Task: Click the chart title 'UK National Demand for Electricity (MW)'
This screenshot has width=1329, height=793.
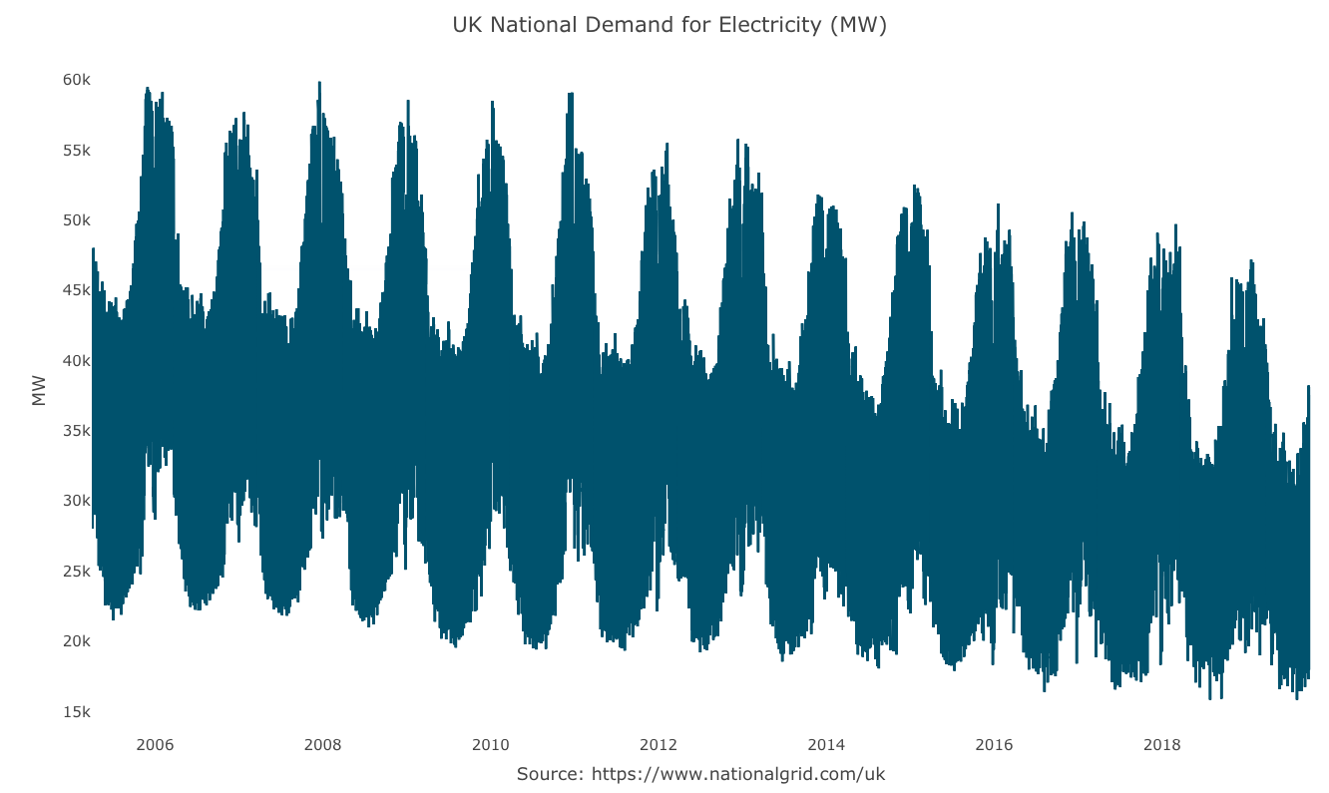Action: pos(669,25)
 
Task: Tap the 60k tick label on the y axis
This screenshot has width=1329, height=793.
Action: pos(76,80)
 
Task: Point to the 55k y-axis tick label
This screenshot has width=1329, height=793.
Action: pos(76,150)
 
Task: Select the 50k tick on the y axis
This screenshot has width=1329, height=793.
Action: pos(76,220)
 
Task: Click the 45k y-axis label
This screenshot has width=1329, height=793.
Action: pos(76,290)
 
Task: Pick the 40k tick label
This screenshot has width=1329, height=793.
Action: pos(76,360)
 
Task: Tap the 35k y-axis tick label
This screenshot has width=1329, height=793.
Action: pos(76,431)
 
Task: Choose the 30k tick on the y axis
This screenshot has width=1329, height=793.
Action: pos(76,501)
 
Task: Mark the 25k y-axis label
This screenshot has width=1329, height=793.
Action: pos(76,572)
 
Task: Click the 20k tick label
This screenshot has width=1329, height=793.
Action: pos(76,641)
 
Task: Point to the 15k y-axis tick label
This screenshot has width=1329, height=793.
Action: pos(76,712)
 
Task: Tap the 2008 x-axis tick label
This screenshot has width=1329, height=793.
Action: pos(322,745)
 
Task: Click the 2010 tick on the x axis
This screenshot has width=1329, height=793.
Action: pos(490,745)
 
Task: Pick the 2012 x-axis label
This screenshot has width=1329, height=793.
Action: pos(659,745)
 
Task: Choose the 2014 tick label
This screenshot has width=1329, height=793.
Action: pos(826,745)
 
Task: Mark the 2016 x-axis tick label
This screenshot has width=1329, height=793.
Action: pos(994,745)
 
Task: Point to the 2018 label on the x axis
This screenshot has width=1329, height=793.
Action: pos(1161,745)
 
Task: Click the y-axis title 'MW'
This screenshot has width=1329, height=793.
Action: pos(40,391)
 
